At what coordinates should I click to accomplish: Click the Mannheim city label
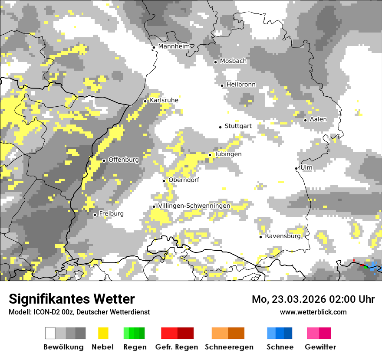pyautogui.click(x=175, y=46)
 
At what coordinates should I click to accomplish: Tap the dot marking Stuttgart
pyautogui.click(x=220, y=127)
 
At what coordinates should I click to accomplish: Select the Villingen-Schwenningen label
pyautogui.click(x=194, y=206)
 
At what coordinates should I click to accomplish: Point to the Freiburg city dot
pyautogui.click(x=95, y=215)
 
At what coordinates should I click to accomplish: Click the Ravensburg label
pyautogui.click(x=283, y=236)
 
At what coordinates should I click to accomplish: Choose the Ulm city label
pyautogui.click(x=306, y=167)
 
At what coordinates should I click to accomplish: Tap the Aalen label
pyautogui.click(x=318, y=119)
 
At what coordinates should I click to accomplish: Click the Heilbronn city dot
pyautogui.click(x=222, y=85)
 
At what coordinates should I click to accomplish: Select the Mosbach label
pyautogui.click(x=233, y=61)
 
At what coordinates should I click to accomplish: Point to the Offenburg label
pyautogui.click(x=123, y=160)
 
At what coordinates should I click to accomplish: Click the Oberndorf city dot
pyautogui.click(x=164, y=181)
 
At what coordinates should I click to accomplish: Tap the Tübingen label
pyautogui.click(x=228, y=154)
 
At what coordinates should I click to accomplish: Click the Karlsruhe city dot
pyautogui.click(x=145, y=101)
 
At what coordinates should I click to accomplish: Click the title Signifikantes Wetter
pyautogui.click(x=72, y=299)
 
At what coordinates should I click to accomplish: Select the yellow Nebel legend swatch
pyautogui.click(x=103, y=333)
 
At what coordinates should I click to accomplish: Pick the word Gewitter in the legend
pyautogui.click(x=320, y=347)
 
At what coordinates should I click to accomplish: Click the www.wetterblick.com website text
pyautogui.click(x=313, y=312)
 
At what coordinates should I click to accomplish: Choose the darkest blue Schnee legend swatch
pyautogui.click(x=288, y=333)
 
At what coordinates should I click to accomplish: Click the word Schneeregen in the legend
pyautogui.click(x=229, y=347)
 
